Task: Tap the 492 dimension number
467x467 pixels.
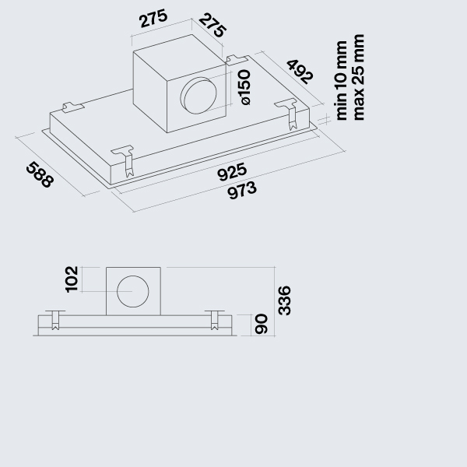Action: [300, 71]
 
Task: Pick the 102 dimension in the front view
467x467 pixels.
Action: [72, 279]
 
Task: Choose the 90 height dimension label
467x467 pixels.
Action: [261, 324]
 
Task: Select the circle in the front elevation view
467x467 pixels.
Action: [133, 292]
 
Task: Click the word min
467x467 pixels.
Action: [342, 108]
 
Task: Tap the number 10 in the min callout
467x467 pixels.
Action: [342, 83]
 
